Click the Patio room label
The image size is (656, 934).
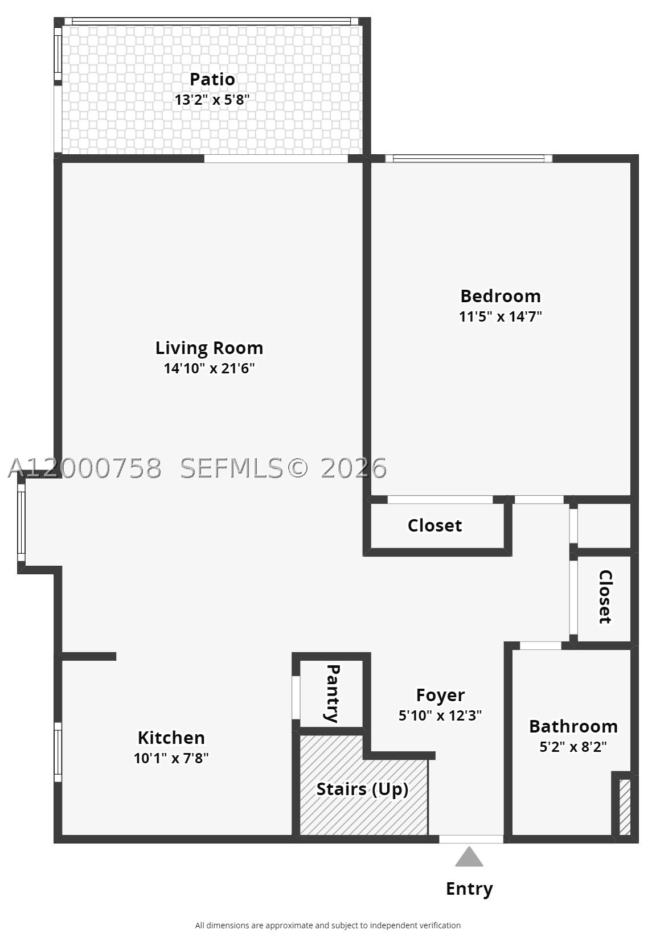coord(212,79)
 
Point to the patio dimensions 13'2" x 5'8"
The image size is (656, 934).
coord(212,100)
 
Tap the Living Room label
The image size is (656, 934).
coord(210,348)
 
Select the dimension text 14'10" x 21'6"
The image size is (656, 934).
coord(210,368)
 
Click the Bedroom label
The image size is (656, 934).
coord(501,296)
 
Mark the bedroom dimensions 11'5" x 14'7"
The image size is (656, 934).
coord(501,316)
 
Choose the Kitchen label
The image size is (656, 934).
coord(171,738)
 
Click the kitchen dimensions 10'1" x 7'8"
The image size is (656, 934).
coord(171,758)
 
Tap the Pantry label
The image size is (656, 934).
coord(333,693)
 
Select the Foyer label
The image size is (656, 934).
coord(440,695)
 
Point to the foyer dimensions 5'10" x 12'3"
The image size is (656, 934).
coord(440,715)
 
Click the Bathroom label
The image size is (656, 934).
coord(573,726)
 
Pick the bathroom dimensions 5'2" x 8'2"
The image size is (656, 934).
coord(573,746)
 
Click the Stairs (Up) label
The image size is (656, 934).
coord(362,789)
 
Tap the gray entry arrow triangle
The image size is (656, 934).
coord(469,857)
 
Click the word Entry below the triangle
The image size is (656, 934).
coord(469,889)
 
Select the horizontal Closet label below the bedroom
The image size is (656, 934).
coord(434,525)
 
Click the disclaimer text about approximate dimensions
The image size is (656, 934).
coord(328,925)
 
